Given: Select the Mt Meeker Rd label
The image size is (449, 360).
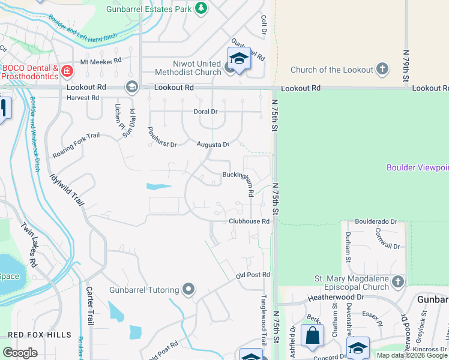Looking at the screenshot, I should coord(101,61).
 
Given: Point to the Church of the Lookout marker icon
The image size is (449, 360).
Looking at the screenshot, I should coord(382,70).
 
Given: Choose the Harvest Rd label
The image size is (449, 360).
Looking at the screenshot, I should coord(83,98).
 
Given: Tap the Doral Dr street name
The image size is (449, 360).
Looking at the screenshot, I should coord(205,112).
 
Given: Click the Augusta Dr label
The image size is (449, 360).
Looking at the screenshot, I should coord(213,145).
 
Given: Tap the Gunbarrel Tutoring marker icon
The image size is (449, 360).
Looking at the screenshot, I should coord(188,290).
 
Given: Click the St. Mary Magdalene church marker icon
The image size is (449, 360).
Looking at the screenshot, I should coord(397,281).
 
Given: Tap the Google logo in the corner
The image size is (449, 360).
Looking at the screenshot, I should coord(20,352).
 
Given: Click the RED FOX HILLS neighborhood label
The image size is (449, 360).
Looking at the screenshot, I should coord(40,335).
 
